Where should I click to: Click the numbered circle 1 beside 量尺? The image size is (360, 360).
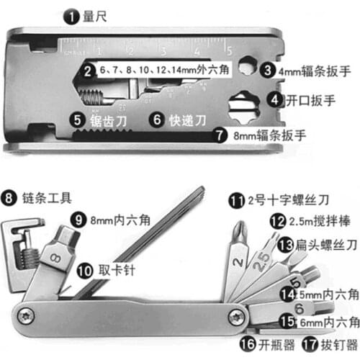click(70, 14)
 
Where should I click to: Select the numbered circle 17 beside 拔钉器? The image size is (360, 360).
click(310, 343)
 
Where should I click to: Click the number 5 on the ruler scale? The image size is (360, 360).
click(229, 50)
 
